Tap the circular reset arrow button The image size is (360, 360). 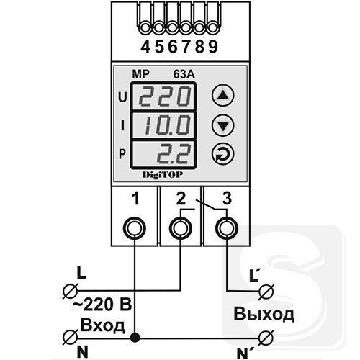(223, 154)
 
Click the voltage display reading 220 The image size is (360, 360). (163, 96)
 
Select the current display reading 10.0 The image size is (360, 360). (163, 125)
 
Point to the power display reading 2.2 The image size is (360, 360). (163, 154)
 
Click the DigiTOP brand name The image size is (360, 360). (163, 174)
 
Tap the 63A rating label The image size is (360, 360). (184, 75)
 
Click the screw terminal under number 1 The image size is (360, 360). (135, 228)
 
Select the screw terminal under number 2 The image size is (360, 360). (181, 228)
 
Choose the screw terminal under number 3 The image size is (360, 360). (227, 228)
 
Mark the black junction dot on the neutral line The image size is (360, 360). (135, 338)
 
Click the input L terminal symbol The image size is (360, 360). (70, 291)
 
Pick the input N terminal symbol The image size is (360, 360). (70, 338)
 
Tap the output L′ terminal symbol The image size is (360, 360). (266, 292)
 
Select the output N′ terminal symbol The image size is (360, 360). (266, 338)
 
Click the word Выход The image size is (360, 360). (264, 314)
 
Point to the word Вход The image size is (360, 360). (102, 325)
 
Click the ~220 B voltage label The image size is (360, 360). (102, 305)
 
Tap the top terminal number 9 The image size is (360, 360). (213, 47)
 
